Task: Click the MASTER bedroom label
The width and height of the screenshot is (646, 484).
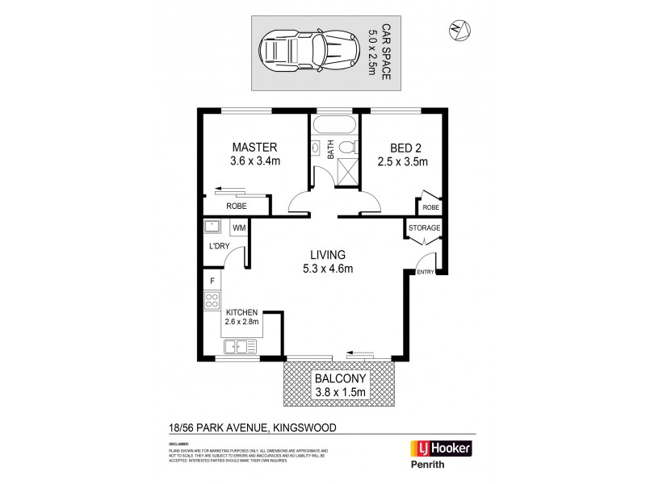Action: click(255, 148)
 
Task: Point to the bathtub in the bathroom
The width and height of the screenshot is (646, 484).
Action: click(333, 127)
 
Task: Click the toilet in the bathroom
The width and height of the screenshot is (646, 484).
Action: click(348, 148)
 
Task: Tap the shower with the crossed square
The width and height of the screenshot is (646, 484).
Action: click(347, 171)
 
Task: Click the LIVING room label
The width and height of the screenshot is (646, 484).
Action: click(327, 253)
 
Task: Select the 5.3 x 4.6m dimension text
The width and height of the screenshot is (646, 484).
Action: click(327, 269)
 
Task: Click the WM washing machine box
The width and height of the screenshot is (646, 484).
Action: click(239, 228)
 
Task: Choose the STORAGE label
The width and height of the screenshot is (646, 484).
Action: click(425, 228)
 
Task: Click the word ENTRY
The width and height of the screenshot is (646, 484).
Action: click(425, 272)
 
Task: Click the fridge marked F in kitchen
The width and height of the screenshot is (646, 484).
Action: click(212, 281)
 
